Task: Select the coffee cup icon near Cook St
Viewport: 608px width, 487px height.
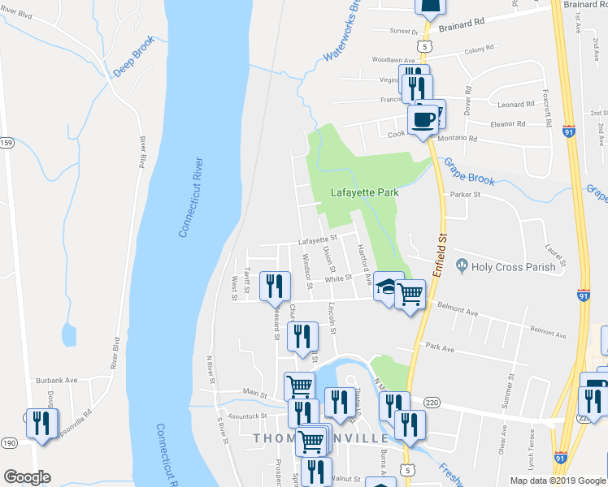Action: point(422,121)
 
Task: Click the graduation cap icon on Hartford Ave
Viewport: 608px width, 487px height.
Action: point(389,286)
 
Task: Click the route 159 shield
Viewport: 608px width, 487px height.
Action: point(7,144)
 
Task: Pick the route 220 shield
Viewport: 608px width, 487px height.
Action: point(432,402)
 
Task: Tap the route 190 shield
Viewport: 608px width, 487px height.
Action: point(7,442)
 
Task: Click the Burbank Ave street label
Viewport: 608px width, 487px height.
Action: point(55,380)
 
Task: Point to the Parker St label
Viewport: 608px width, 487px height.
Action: point(466,195)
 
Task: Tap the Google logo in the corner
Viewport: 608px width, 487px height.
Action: point(27,477)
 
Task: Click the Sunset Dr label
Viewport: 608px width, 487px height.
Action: point(404,32)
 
